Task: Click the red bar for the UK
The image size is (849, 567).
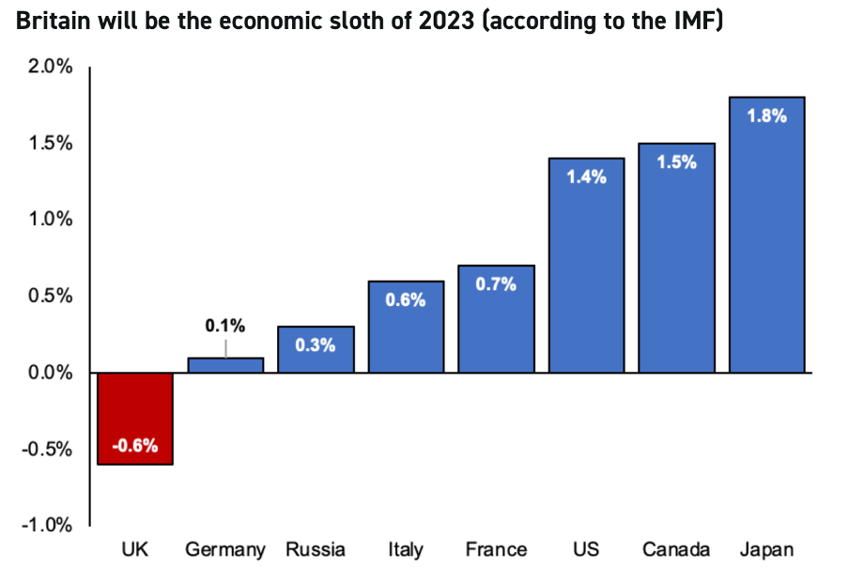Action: coord(135,418)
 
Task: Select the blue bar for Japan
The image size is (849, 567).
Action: coord(766,235)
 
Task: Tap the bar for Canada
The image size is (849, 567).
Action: coord(676,258)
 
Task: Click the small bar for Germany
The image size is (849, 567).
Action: coord(225,365)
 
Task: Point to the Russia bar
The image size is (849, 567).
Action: coord(316,349)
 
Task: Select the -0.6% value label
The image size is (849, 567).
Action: coord(135,447)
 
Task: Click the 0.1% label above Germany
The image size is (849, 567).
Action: coord(225,326)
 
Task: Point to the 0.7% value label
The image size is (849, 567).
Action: coord(496,284)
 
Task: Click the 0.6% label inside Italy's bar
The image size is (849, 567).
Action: coord(406,300)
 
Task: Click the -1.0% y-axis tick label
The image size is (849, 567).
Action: coord(45,525)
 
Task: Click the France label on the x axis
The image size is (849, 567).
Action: coord(496,549)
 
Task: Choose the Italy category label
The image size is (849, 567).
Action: coord(406,549)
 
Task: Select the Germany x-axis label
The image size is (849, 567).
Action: coord(225,549)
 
